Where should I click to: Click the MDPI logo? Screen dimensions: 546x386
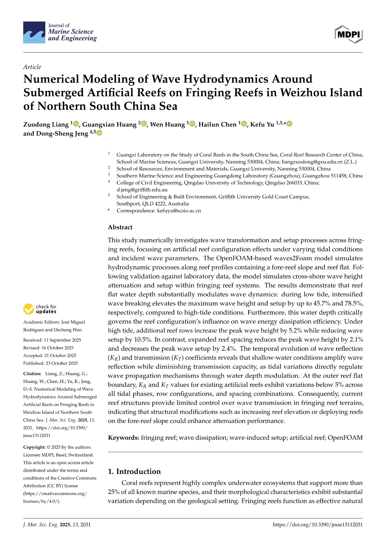[x=349, y=34]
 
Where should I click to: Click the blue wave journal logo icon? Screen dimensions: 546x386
[x=34, y=32]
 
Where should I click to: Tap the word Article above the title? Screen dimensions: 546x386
[x=32, y=67]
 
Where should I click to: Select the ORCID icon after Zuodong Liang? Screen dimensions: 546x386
[x=76, y=124]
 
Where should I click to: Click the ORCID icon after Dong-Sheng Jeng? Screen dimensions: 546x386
[x=99, y=133]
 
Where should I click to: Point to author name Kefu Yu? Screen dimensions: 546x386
[x=262, y=125]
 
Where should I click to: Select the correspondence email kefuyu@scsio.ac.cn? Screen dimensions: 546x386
[x=179, y=211]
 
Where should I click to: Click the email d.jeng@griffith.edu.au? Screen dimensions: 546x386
[x=142, y=190]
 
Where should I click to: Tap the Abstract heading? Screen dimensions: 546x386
[x=120, y=227]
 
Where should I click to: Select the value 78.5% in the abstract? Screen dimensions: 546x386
[x=354, y=303]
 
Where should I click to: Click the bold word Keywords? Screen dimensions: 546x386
[x=124, y=438]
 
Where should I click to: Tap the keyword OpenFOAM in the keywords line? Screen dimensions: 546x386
[x=345, y=438]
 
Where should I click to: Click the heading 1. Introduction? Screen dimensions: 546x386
[x=134, y=471]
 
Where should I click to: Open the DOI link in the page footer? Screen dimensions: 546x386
[x=317, y=524]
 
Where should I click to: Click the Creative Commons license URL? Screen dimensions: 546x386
[x=55, y=497]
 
